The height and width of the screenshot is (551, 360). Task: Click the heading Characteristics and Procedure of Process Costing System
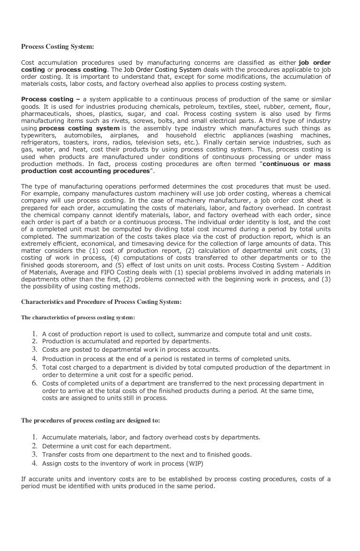click(x=101, y=302)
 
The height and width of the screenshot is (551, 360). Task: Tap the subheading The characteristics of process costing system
click(x=78, y=317)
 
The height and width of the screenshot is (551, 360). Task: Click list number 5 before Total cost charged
click(x=35, y=367)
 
